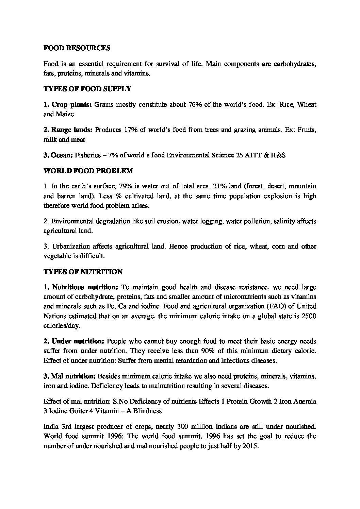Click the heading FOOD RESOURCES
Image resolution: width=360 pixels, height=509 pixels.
[77, 48]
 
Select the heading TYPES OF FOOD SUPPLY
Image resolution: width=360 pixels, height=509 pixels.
[87, 89]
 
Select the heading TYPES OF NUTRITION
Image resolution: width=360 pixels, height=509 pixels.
[83, 272]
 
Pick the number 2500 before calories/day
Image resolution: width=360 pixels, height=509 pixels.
[309, 316]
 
